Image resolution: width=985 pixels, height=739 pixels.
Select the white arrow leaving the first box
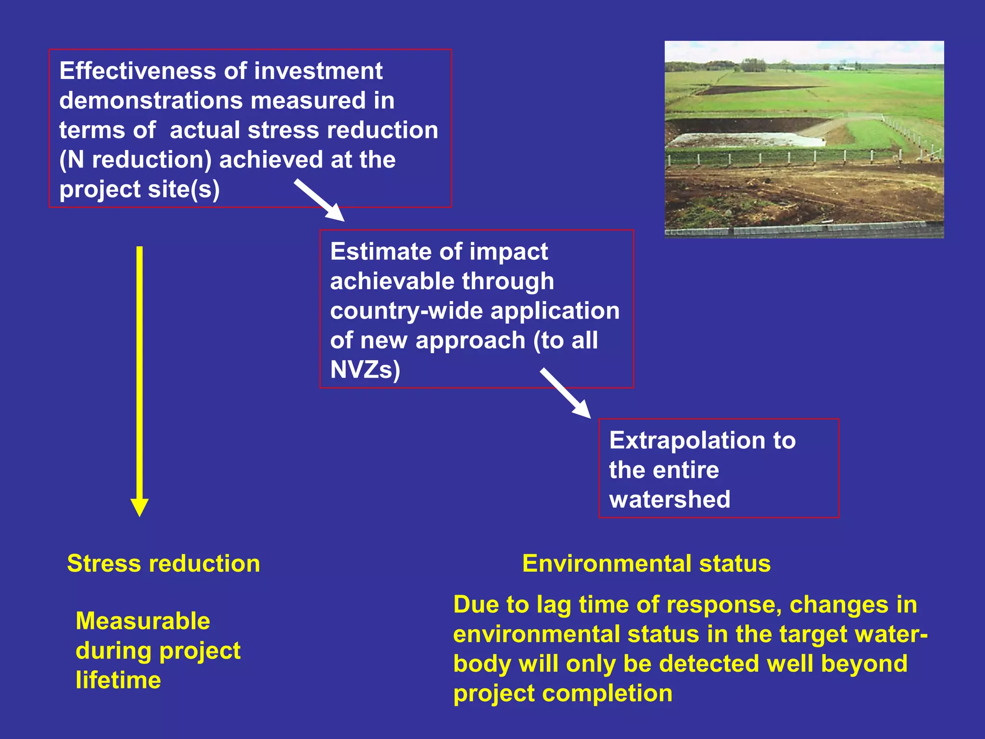click(319, 200)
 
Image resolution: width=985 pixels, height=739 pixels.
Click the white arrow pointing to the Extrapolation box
click(566, 393)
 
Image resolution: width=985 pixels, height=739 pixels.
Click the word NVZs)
click(365, 370)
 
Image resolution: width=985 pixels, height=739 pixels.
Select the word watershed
click(669, 499)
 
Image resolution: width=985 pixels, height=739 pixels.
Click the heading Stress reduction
click(164, 563)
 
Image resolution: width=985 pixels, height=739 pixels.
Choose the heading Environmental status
click(646, 563)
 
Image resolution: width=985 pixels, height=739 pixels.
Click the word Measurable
click(143, 621)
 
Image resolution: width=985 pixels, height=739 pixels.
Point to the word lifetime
click(118, 680)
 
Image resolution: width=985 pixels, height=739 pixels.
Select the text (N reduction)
click(135, 160)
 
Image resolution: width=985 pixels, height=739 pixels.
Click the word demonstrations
click(151, 101)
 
